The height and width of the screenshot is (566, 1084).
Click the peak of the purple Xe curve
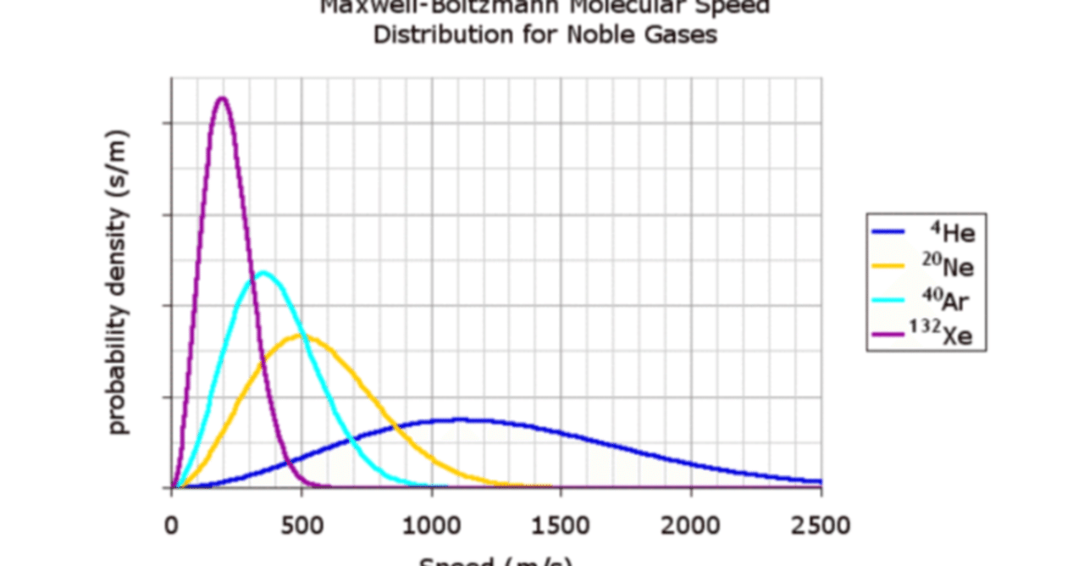click(222, 98)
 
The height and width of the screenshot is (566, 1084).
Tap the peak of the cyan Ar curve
click(263, 273)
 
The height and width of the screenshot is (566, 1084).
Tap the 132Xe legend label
click(941, 336)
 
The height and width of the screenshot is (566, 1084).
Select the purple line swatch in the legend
click(889, 336)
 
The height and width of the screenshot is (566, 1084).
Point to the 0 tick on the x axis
click(172, 525)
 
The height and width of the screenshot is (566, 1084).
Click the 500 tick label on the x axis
click(301, 525)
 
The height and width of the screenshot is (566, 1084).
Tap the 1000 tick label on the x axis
click(432, 525)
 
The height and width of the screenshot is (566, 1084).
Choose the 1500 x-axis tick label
click(561, 525)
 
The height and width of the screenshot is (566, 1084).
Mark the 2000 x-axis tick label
click(691, 525)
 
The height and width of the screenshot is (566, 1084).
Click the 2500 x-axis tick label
click(820, 525)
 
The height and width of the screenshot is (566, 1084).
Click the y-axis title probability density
click(119, 282)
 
